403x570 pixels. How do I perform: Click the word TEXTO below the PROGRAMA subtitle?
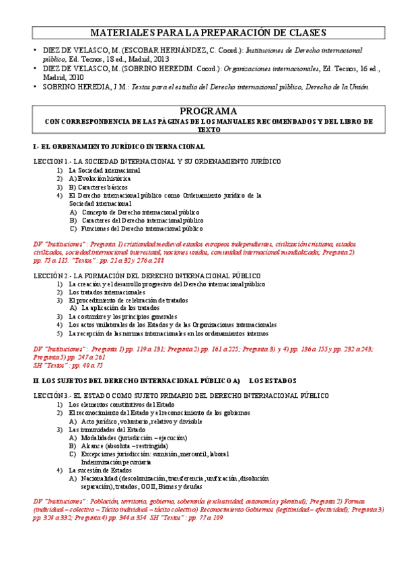tap(208, 129)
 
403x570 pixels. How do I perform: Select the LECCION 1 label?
tap(51, 162)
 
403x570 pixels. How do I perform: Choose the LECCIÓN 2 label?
tap(52, 276)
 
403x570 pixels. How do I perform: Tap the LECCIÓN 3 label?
tap(52, 397)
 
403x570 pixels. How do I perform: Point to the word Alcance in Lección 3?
tap(94, 446)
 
